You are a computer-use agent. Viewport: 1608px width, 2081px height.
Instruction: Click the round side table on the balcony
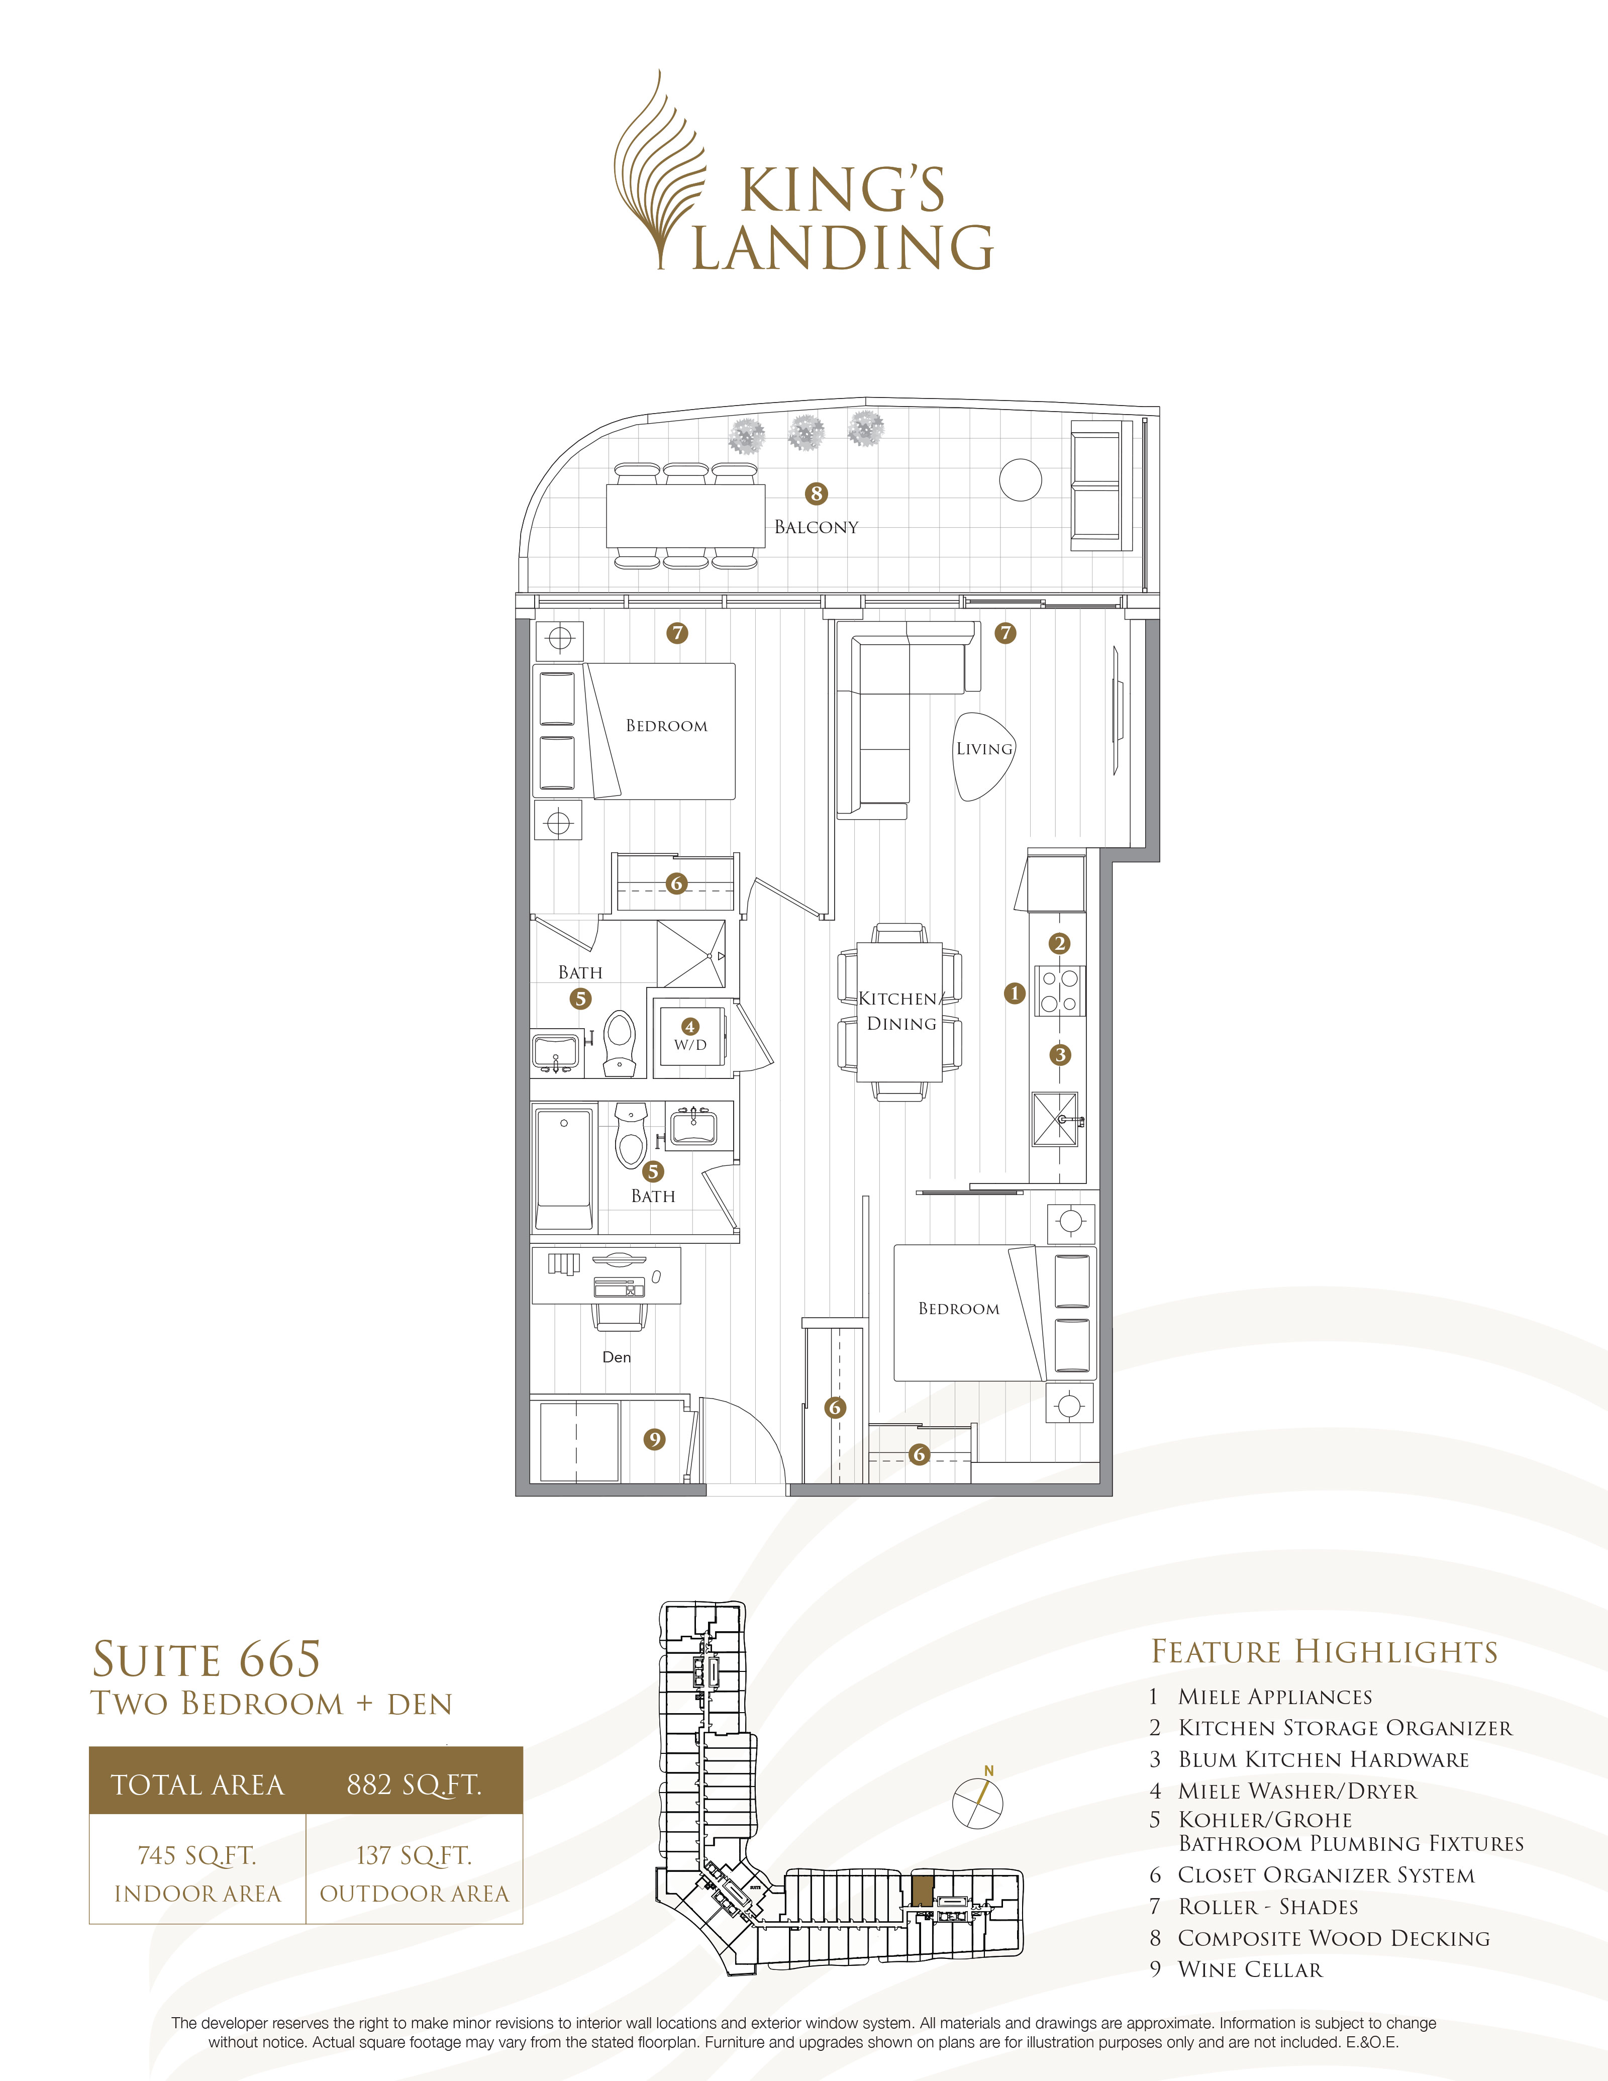[x=1020, y=479]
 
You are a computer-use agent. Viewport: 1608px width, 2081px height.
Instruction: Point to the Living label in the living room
[x=984, y=749]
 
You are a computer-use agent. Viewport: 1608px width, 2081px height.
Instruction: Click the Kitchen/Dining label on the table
[x=900, y=1011]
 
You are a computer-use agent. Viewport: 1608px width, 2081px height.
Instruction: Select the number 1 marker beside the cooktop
[x=1015, y=993]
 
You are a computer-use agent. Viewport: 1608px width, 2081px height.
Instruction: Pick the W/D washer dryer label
[x=690, y=1044]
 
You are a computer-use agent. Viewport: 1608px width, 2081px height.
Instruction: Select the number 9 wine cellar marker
[x=654, y=1439]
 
